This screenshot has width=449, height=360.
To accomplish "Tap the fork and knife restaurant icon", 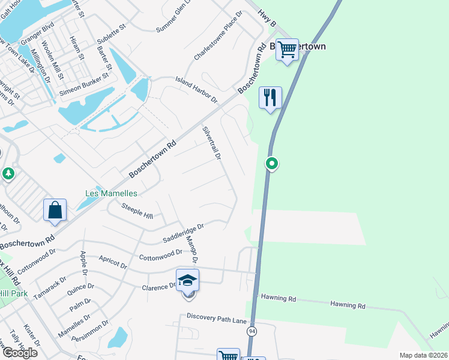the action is pyautogui.click(x=270, y=97).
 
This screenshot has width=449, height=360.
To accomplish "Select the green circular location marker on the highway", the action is pyautogui.click(x=272, y=163).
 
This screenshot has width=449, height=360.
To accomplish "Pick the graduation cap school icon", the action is pyautogui.click(x=187, y=280).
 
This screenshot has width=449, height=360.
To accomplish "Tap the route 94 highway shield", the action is pyautogui.click(x=252, y=331).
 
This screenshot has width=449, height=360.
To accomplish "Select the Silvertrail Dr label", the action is pyautogui.click(x=212, y=143).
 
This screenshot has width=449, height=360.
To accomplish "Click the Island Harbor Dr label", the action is pyautogui.click(x=196, y=88).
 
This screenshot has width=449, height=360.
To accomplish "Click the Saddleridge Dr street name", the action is pyautogui.click(x=184, y=234).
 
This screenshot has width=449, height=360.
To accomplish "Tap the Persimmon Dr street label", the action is pyautogui.click(x=93, y=332).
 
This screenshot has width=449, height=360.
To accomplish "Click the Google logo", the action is pyautogui.click(x=19, y=352).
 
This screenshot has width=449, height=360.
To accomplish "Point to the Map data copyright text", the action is pyautogui.click(x=423, y=355).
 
